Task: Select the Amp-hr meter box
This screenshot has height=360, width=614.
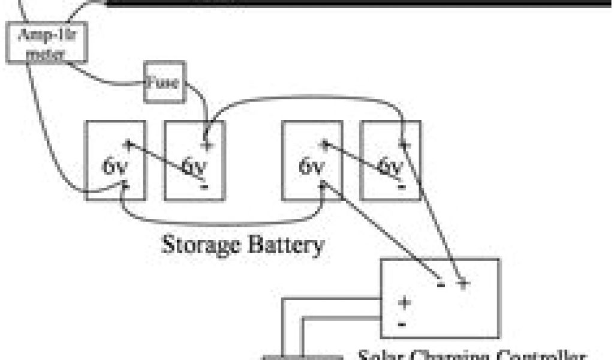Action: point(47,43)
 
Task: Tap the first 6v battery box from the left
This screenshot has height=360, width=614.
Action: point(115,160)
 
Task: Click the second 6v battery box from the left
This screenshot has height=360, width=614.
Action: point(195,160)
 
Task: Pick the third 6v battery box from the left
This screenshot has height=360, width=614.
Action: point(312,160)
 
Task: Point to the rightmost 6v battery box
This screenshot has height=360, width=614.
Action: point(390,160)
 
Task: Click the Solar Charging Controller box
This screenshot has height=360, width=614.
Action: point(440,298)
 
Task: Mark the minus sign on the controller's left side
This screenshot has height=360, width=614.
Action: point(402,325)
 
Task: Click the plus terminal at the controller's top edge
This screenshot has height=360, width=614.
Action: point(462,283)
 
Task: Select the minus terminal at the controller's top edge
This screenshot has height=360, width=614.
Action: point(441,283)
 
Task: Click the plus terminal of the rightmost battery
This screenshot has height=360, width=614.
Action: point(405,145)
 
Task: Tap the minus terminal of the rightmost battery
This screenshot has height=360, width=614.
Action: point(400,187)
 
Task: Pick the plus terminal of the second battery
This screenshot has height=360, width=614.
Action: point(207,145)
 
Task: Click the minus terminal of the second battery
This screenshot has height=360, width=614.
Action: point(204,187)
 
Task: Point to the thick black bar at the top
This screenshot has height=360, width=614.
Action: point(360,3)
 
